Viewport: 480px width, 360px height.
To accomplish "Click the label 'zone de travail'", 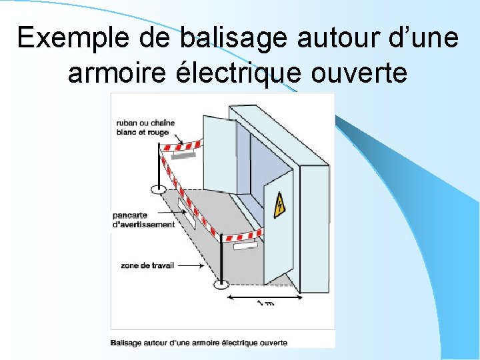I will [147, 265].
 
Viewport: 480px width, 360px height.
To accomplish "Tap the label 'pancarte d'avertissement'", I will [143, 220].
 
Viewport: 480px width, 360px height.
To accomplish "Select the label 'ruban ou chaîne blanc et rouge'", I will [141, 127].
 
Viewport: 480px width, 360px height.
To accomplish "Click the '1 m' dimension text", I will [265, 304].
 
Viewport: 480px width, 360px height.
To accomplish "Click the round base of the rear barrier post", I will [159, 189].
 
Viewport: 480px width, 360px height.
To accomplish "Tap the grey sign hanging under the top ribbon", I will [184, 155].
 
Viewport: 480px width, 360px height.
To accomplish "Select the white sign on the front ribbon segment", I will [245, 245].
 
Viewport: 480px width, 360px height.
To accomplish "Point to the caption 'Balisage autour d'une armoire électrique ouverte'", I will [199, 343].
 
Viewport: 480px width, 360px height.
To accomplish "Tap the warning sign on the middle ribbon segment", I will [187, 217].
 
